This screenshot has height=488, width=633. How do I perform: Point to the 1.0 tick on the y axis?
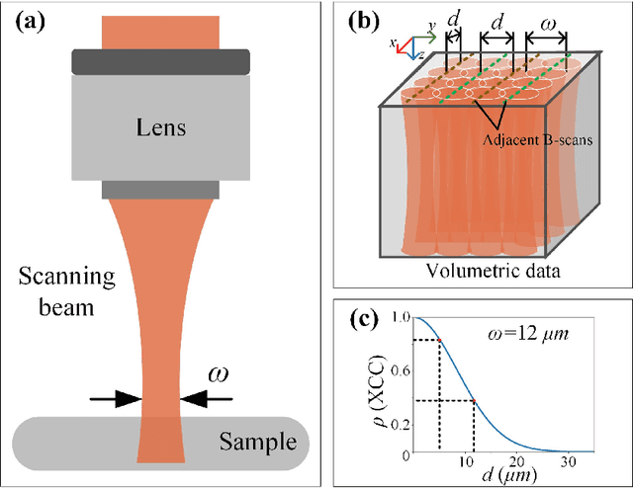(400, 318)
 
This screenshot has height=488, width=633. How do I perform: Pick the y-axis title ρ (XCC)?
(377, 386)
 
